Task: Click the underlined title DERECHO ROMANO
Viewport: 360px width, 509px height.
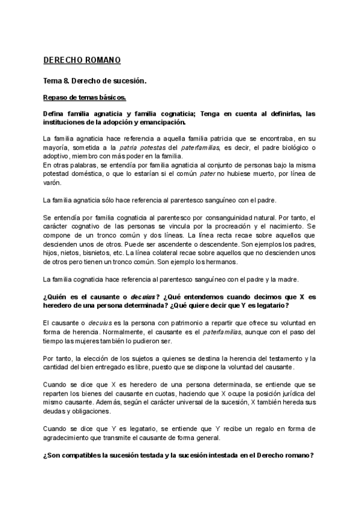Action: tap(82, 60)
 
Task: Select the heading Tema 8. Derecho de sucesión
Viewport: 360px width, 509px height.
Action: tap(95, 80)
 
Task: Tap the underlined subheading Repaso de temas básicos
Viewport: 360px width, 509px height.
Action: tap(85, 97)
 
